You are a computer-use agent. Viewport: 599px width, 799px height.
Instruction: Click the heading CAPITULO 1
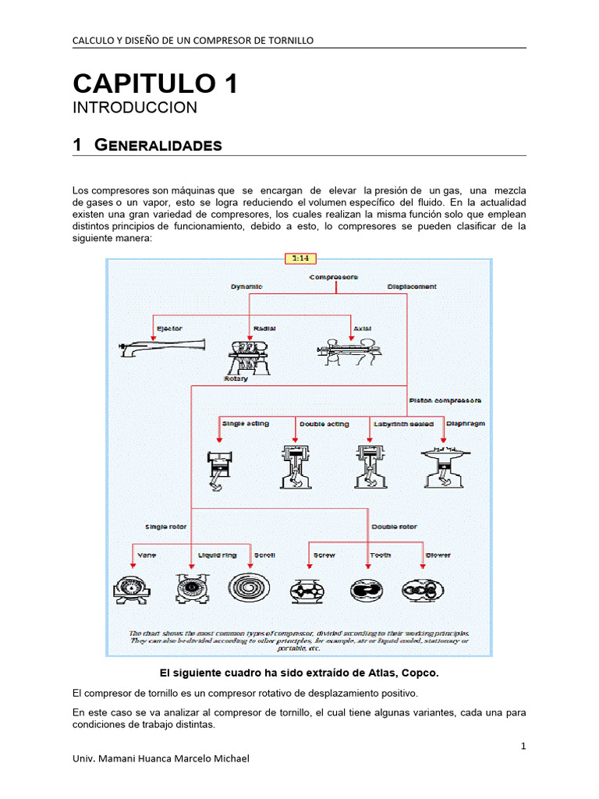point(155,83)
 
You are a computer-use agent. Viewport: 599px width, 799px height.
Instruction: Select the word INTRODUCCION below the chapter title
point(135,108)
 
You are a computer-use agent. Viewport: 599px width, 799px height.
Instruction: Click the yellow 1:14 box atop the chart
point(299,257)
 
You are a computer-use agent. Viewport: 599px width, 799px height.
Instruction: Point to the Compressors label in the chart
point(334,276)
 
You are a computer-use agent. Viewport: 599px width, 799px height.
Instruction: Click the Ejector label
point(169,328)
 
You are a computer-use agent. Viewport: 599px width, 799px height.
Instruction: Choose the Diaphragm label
point(466,424)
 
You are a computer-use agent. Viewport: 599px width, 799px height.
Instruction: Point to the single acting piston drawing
point(216,470)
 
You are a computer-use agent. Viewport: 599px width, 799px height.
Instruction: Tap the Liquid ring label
point(218,556)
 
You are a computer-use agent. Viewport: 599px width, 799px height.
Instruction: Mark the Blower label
point(438,556)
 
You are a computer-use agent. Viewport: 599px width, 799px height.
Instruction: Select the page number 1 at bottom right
point(523,747)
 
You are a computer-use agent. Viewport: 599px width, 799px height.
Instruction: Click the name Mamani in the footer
point(121,758)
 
